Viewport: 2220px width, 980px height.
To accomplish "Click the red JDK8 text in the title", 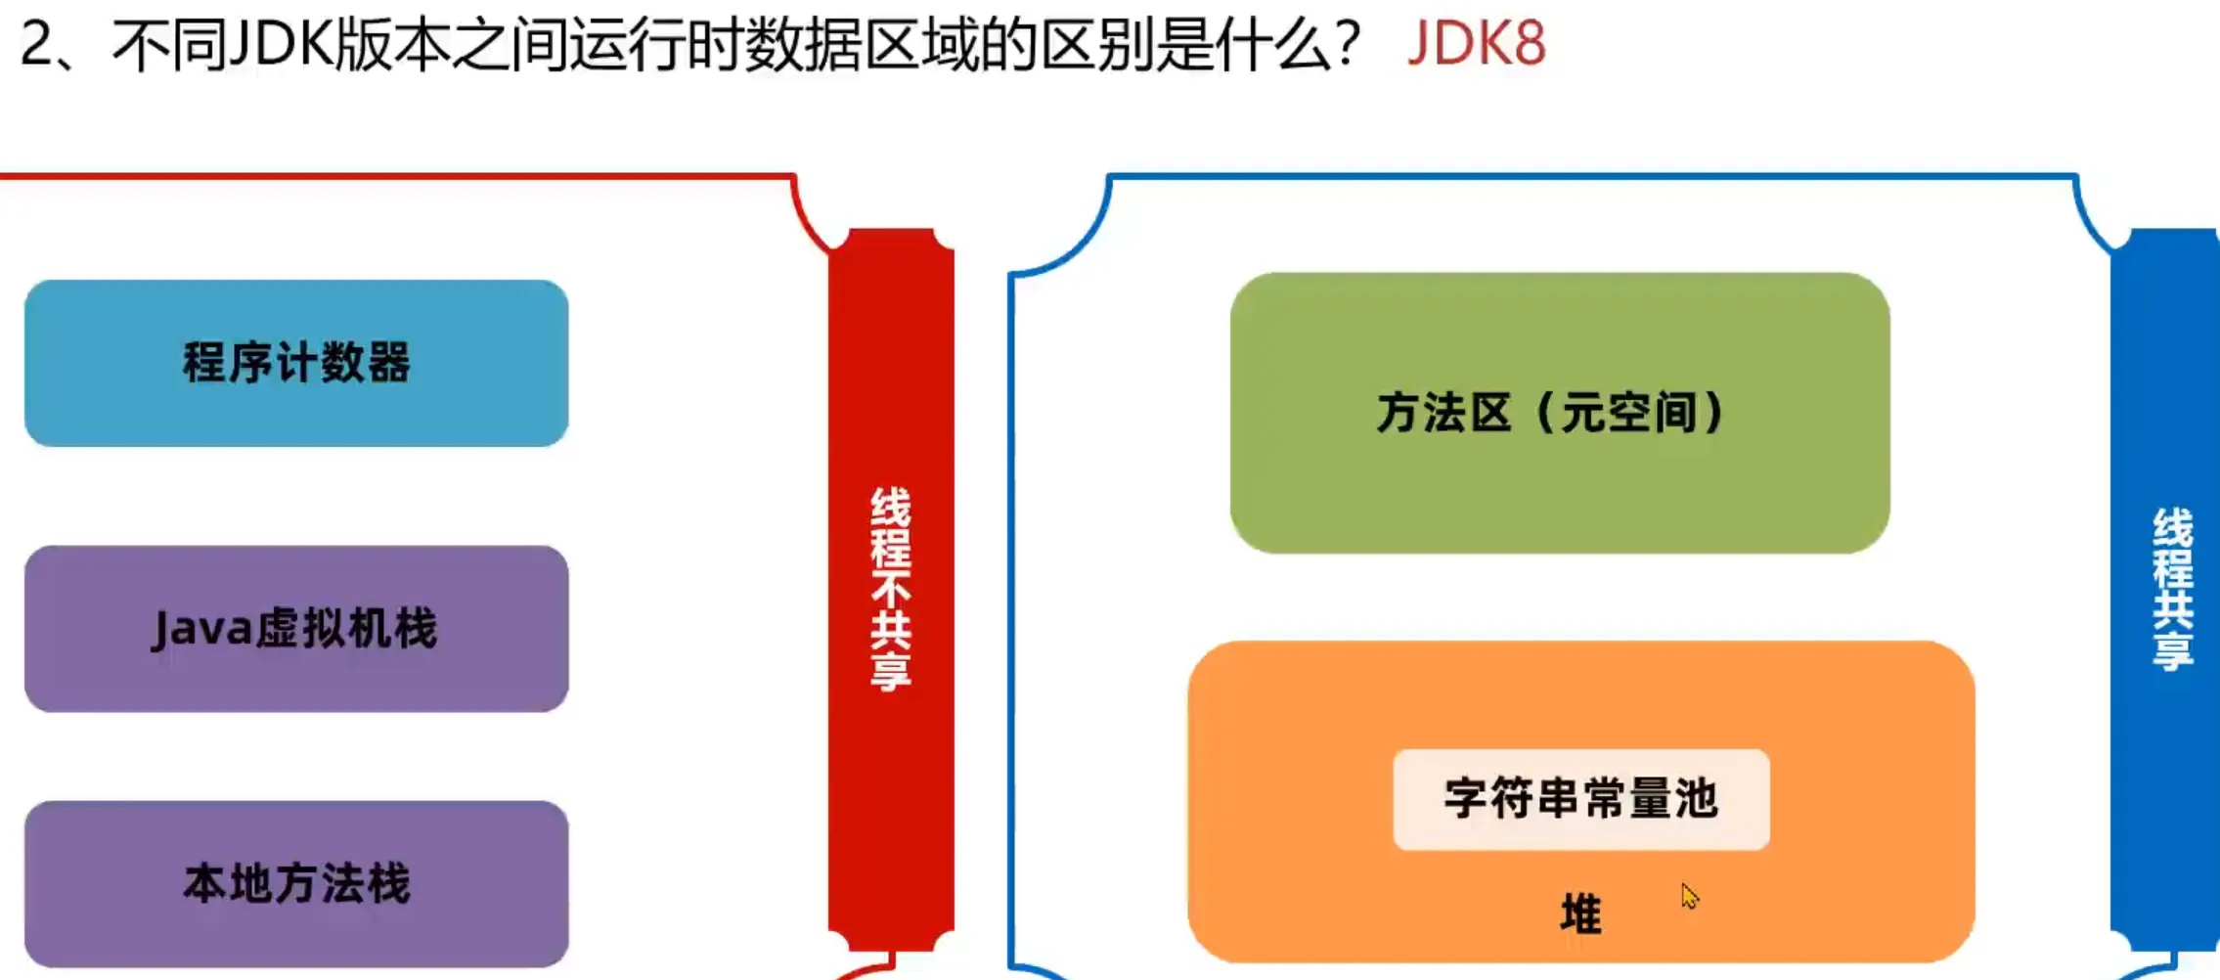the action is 1476,44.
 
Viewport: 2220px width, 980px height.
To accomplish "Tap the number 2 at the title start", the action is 38,44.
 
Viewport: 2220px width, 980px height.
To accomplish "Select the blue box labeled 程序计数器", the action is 296,363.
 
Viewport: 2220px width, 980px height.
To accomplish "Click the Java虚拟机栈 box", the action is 296,628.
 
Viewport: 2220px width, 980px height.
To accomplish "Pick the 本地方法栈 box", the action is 296,883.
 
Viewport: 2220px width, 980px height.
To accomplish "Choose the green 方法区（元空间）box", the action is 1559,413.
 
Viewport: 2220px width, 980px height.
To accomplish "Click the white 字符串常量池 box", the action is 1580,799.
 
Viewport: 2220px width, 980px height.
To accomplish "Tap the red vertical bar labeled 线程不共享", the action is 890,587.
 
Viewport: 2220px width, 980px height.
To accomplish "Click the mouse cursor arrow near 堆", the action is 1689,895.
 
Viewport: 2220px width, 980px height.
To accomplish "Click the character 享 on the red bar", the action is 890,672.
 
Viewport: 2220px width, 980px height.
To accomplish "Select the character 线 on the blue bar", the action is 2172,527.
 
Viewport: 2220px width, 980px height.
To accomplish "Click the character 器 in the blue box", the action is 388,363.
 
